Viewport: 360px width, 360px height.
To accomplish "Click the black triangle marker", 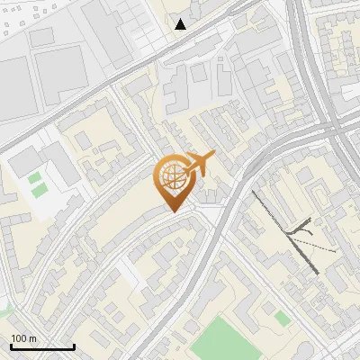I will click(x=181, y=24).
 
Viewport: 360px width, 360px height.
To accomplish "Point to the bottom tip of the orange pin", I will click(x=171, y=212).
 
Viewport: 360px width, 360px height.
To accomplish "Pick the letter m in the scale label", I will click(x=33, y=338).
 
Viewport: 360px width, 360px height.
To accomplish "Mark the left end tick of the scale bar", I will click(x=11, y=346).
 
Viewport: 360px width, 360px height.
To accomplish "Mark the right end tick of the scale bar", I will click(x=74, y=346).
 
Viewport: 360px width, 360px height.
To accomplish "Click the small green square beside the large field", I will click(x=282, y=318).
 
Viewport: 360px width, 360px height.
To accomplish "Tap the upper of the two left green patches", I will click(x=34, y=178).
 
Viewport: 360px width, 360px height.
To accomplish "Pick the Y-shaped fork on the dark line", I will click(x=298, y=233).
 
